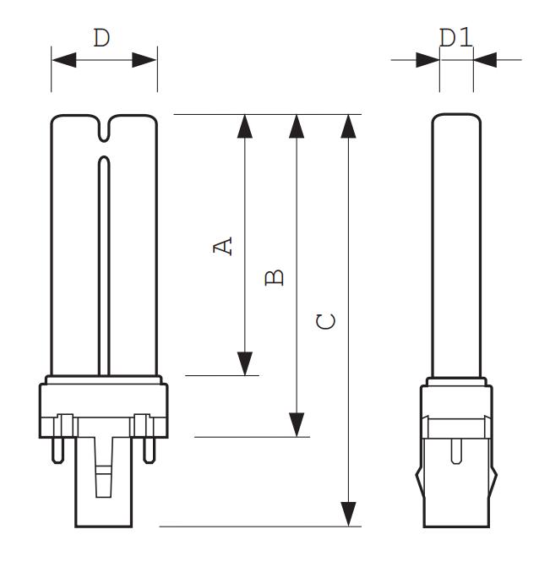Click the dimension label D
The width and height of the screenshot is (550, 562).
101,38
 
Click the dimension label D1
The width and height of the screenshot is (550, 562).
455,38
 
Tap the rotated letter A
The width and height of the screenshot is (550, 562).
222,246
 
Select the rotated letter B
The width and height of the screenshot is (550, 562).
274,277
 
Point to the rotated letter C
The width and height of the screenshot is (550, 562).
326,321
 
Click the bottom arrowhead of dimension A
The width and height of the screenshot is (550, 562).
245,363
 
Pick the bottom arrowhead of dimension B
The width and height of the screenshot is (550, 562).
297,425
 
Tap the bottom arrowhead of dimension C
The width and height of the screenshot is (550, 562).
348,515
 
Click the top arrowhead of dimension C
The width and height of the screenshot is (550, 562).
348,126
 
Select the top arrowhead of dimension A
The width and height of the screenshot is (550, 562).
245,126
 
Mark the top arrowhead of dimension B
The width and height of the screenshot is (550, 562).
297,126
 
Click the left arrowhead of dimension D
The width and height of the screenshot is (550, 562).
63,59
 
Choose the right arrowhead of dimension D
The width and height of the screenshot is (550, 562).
144,59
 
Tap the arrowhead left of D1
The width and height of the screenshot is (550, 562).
427,59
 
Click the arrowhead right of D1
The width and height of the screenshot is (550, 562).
485,59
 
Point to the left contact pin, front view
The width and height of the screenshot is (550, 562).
57,450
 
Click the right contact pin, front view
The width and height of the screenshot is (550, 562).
150,450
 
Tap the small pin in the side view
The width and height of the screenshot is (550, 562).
456,451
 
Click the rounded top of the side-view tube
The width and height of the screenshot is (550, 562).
456,115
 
